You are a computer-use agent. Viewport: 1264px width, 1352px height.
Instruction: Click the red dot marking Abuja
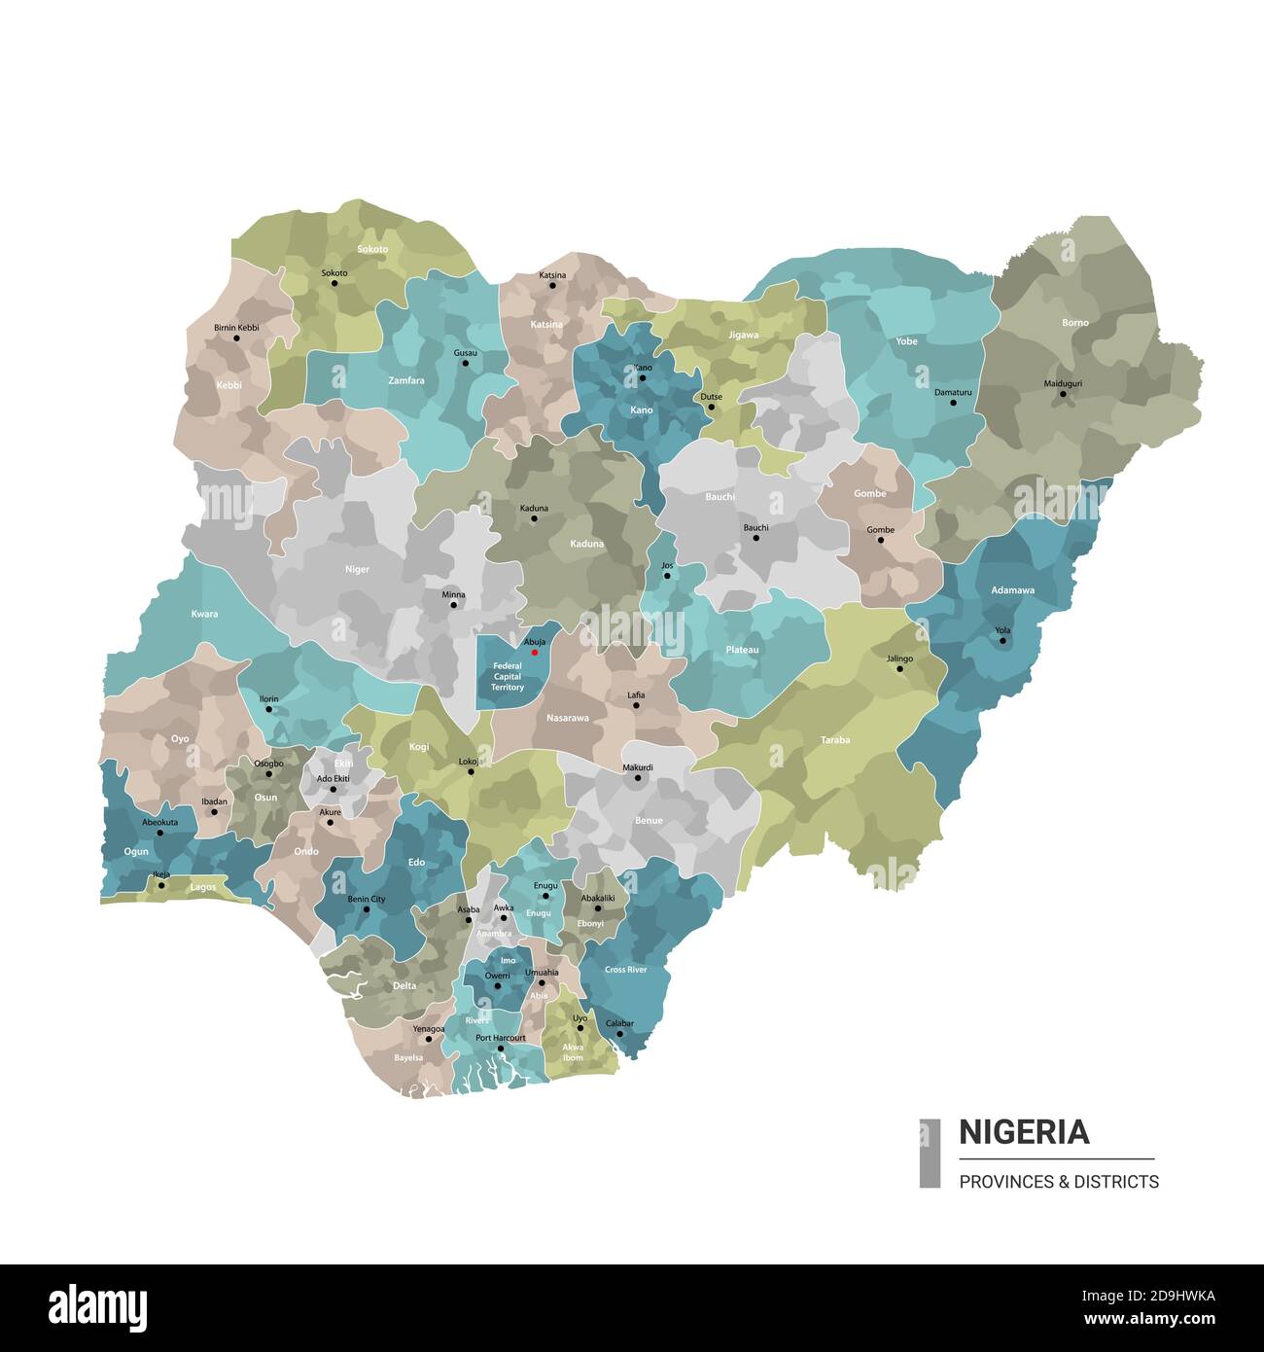tap(534, 652)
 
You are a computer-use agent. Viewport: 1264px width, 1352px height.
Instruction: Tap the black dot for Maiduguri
tap(1063, 394)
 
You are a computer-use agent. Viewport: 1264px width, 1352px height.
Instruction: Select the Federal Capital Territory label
tap(507, 677)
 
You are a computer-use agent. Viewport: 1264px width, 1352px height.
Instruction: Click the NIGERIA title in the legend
tap(1024, 1132)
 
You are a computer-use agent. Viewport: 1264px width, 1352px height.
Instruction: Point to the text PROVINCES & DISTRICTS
tap(1058, 1182)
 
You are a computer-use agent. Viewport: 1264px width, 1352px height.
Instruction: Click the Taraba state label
tap(834, 740)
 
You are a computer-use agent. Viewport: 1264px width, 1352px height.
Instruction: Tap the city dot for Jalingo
tap(900, 669)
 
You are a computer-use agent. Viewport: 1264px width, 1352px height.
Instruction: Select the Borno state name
tap(1074, 322)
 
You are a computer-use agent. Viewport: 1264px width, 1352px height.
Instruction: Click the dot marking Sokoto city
tap(334, 283)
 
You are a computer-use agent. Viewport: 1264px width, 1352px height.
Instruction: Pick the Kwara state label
tap(204, 614)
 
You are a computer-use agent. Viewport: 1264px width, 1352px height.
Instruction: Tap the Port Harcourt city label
tap(500, 1038)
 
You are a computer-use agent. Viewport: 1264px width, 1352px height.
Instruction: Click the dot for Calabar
tap(619, 1034)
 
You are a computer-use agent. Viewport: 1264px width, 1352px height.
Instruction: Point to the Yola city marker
tap(1002, 640)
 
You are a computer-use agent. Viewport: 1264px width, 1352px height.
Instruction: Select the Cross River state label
tap(625, 970)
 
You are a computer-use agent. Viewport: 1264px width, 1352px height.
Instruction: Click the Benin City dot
tap(366, 909)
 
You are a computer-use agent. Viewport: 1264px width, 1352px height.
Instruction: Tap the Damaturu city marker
tap(953, 403)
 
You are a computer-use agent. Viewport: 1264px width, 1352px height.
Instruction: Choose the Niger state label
tap(357, 569)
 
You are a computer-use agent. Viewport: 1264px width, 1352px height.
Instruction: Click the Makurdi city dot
tap(638, 778)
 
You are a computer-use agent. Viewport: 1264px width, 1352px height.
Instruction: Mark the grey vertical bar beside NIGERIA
tap(930, 1153)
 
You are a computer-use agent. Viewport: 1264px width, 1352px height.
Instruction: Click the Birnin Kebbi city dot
tap(236, 338)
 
